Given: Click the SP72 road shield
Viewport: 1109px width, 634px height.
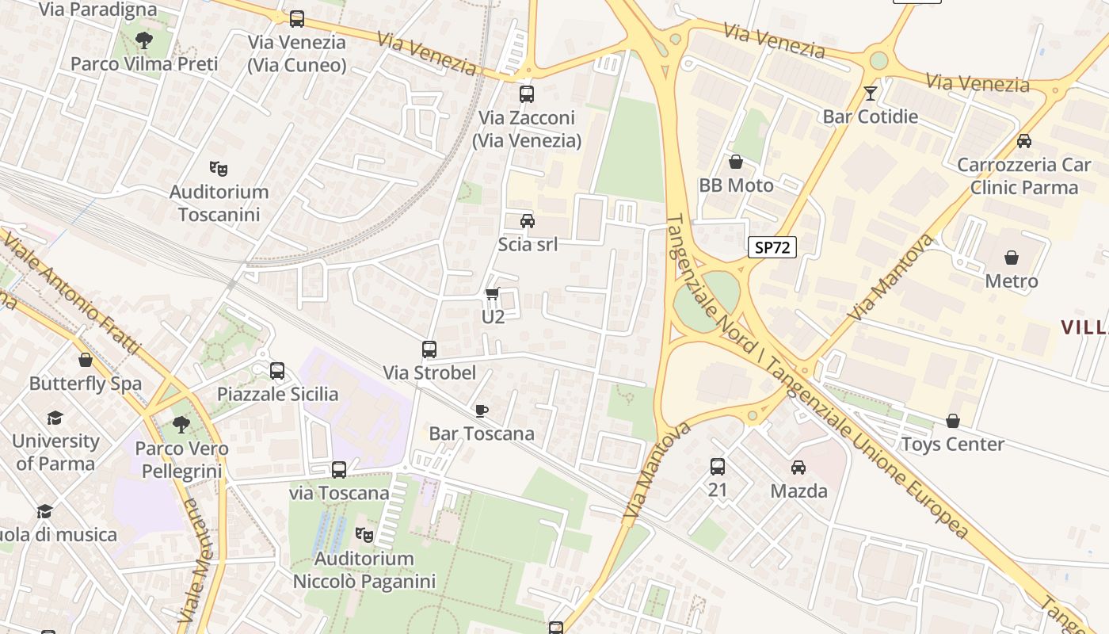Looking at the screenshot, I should point(772,247).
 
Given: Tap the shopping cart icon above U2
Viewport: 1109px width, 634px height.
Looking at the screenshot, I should point(493,294).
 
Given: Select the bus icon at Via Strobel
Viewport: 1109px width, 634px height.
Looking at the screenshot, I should point(429,349).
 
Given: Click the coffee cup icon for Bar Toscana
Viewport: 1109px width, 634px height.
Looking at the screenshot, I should point(481,410).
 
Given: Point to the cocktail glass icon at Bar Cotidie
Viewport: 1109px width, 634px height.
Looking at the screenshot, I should point(871,93).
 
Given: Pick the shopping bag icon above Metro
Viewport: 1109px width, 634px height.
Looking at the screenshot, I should point(1012,258).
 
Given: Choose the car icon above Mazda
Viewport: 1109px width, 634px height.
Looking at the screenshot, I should point(798,468).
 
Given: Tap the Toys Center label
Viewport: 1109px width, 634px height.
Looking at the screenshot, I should point(952,444).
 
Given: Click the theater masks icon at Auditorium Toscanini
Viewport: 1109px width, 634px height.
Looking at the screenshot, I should point(219,168).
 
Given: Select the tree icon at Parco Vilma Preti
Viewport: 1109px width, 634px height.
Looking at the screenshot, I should point(144,40).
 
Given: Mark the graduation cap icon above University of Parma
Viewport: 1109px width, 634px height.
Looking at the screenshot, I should point(55,418).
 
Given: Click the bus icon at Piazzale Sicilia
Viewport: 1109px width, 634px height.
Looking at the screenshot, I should point(277,370).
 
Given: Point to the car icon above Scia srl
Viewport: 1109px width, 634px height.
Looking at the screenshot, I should point(528,220).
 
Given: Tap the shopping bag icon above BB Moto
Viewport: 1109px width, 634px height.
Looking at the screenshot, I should point(736,162).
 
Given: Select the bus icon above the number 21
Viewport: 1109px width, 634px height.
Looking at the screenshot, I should point(718,467).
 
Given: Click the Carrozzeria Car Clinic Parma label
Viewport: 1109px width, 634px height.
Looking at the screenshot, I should point(1018,176).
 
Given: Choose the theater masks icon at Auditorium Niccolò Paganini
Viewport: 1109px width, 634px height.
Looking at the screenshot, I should point(364,535).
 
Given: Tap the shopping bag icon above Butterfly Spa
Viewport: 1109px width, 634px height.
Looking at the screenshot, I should point(86,360).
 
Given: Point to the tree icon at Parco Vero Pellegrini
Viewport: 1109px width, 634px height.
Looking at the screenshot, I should point(181,425).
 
